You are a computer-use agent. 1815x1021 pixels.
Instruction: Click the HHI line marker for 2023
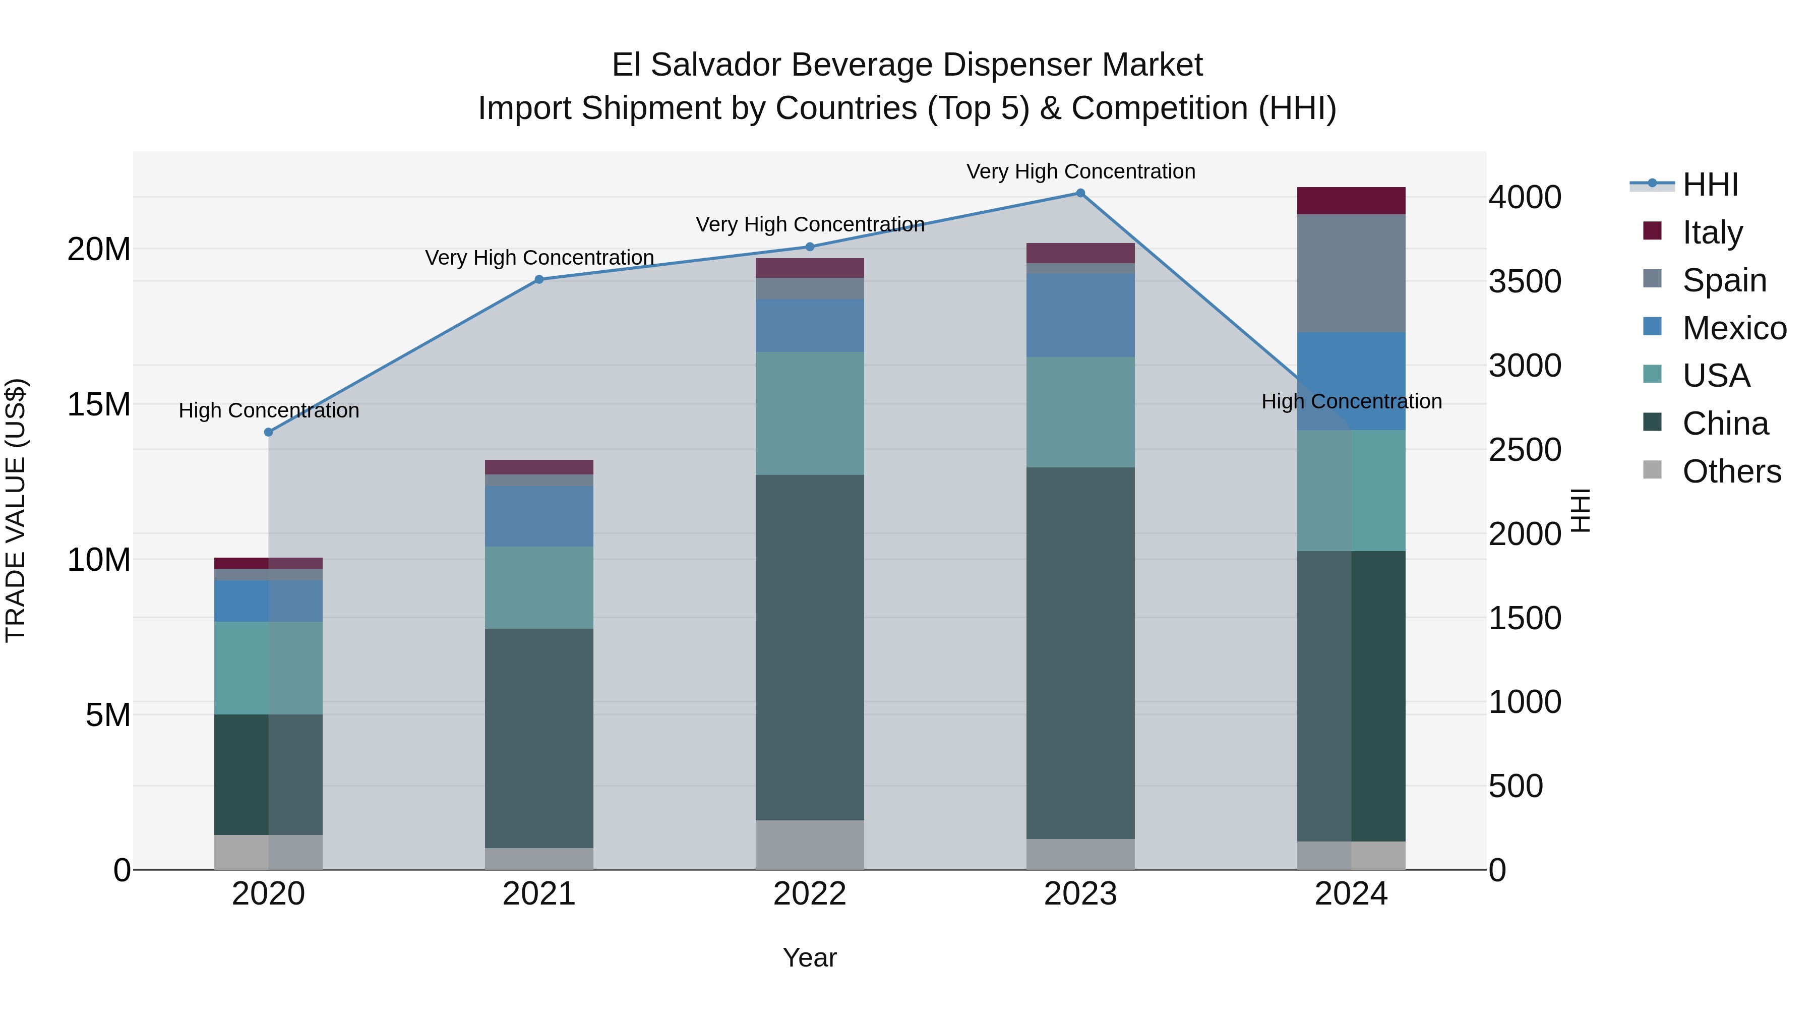coord(1080,193)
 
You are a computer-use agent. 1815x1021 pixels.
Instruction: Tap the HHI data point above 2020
coord(268,432)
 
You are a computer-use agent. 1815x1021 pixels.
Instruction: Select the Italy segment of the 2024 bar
coord(1351,201)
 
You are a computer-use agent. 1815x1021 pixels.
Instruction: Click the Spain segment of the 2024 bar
coord(1351,273)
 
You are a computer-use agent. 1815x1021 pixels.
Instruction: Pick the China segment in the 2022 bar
coord(810,647)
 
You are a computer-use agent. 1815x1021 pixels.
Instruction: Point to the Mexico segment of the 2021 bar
coord(539,516)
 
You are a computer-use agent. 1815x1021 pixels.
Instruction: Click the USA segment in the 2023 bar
coord(1080,412)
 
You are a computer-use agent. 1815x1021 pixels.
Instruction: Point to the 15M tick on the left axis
coord(99,404)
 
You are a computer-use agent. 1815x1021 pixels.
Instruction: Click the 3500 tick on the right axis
coord(1525,281)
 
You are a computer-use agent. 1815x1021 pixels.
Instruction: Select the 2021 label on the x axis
coord(539,894)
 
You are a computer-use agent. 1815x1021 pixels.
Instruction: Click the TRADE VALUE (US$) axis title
coord(16,510)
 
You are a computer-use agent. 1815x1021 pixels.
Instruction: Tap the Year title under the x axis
coord(810,957)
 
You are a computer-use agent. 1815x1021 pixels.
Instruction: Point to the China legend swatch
coord(1652,422)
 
